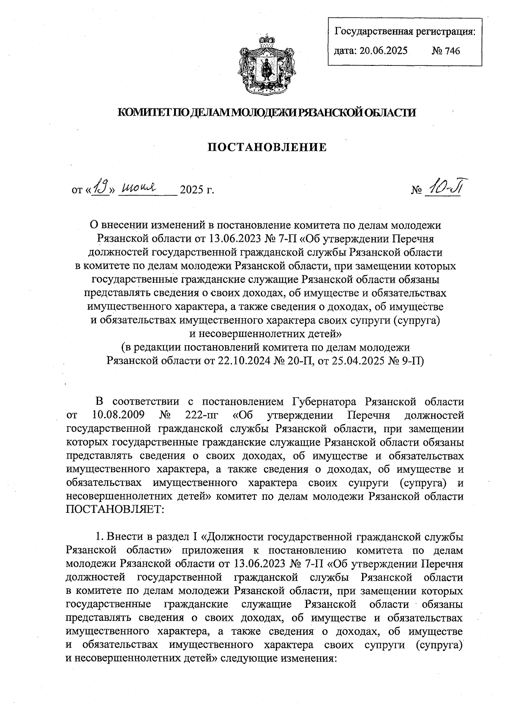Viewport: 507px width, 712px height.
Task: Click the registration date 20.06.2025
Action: [383, 51]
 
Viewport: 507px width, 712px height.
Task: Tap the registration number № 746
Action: [445, 51]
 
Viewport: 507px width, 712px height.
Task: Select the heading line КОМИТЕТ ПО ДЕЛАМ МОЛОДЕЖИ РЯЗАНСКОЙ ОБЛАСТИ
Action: [266, 112]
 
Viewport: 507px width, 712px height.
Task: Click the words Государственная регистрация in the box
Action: [404, 31]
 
